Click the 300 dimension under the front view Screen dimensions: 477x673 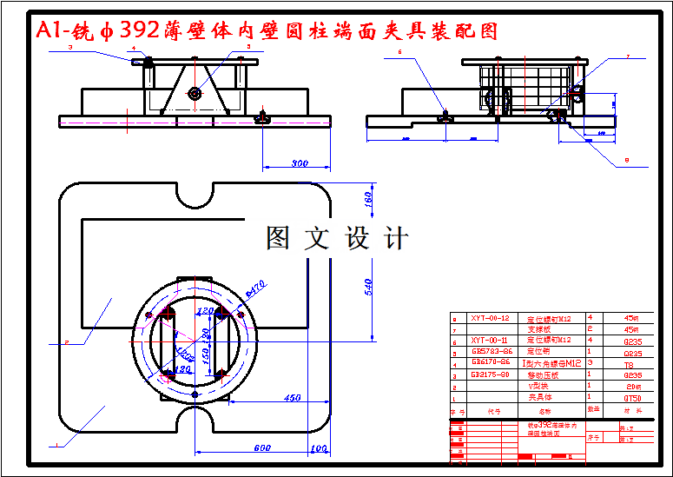[300, 163]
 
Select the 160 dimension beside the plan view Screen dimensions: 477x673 [367, 199]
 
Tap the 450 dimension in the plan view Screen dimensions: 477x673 [291, 398]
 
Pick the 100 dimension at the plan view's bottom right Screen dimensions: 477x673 [319, 448]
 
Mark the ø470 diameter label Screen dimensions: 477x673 [256, 286]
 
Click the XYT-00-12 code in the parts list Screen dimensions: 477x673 [489, 318]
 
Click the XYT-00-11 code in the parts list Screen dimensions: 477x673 [489, 341]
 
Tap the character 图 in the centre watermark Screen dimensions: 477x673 [278, 238]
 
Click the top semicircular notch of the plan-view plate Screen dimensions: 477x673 [195, 195]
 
